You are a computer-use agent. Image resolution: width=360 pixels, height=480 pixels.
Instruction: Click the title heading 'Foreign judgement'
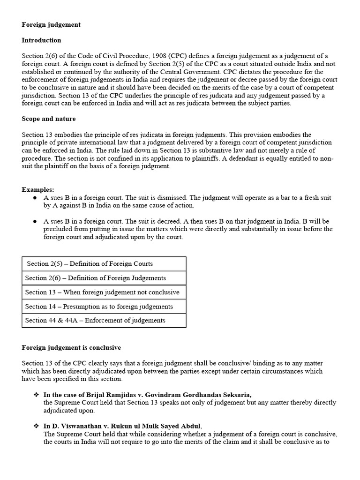point(51,25)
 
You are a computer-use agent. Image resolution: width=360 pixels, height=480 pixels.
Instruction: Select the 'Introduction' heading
point(41,40)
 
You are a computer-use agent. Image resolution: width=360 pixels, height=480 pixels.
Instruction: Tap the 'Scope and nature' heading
point(49,119)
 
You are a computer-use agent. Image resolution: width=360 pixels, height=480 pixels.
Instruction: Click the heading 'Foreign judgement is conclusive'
point(71,347)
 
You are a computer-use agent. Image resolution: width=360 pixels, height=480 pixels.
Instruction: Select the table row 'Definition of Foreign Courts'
point(104,264)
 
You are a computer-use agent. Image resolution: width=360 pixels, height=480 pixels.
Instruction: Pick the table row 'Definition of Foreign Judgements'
point(104,278)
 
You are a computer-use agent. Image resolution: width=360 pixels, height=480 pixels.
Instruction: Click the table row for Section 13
point(104,292)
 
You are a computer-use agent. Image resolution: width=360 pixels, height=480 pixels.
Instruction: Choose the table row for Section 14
point(104,306)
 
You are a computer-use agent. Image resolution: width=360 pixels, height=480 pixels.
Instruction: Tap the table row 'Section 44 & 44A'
point(104,320)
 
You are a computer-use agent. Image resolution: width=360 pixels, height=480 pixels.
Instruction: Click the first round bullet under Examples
point(35,198)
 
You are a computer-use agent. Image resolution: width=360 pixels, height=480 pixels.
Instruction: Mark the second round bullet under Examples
point(35,221)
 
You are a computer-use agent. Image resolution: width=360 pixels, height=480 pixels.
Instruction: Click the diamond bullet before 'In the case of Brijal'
point(36,395)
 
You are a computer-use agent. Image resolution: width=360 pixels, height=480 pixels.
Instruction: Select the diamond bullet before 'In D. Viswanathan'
point(36,426)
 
